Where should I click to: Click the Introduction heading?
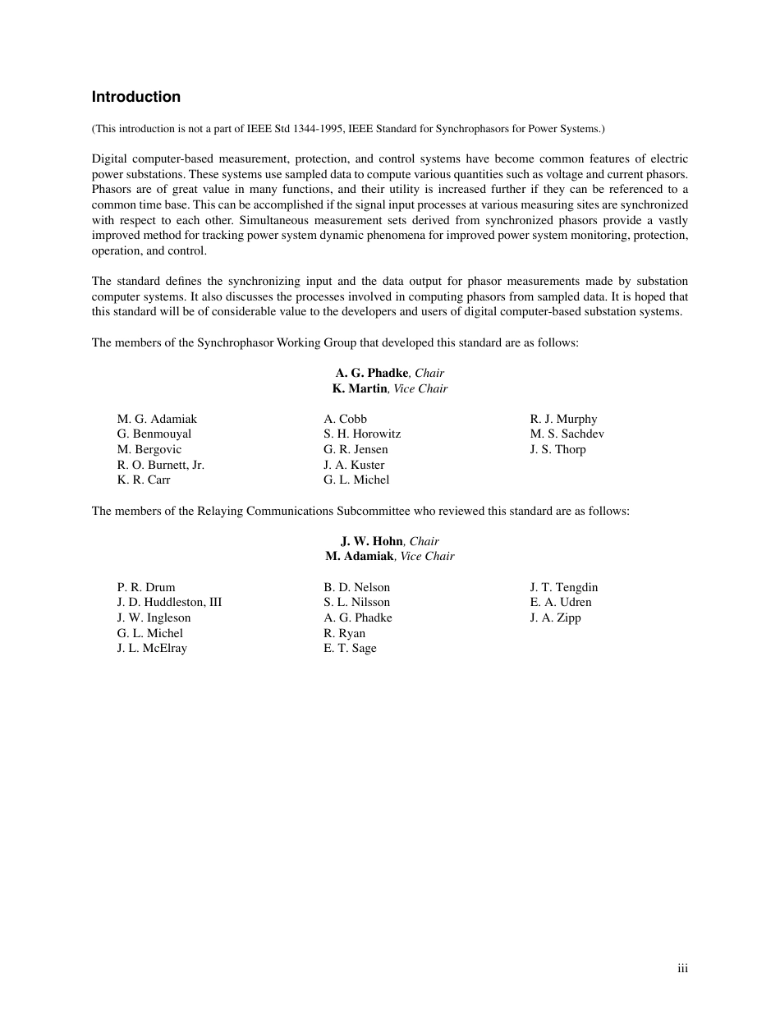pyautogui.click(x=135, y=97)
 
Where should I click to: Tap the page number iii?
pyautogui.click(x=682, y=969)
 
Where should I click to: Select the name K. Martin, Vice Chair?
pyautogui.click(x=390, y=388)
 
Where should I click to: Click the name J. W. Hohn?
pyautogui.click(x=372, y=541)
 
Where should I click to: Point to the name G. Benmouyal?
pyautogui.click(x=154, y=434)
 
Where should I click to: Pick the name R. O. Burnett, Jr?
pyautogui.click(x=161, y=465)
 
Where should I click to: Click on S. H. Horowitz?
pyautogui.click(x=362, y=434)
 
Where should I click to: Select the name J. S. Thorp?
pyautogui.click(x=557, y=449)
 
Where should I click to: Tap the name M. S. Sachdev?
pyautogui.click(x=567, y=434)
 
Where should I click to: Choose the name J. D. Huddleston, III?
pyautogui.click(x=169, y=602)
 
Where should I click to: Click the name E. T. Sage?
pyautogui.click(x=350, y=648)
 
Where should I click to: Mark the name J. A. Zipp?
pyautogui.click(x=555, y=617)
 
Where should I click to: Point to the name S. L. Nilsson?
pyautogui.click(x=356, y=602)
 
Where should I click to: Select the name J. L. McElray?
pyautogui.click(x=152, y=648)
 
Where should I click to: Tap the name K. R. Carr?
pyautogui.click(x=144, y=480)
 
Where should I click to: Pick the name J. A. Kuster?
pyautogui.click(x=354, y=465)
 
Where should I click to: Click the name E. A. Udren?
pyautogui.click(x=561, y=602)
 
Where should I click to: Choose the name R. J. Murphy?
pyautogui.click(x=563, y=419)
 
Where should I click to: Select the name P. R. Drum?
pyautogui.click(x=146, y=587)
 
